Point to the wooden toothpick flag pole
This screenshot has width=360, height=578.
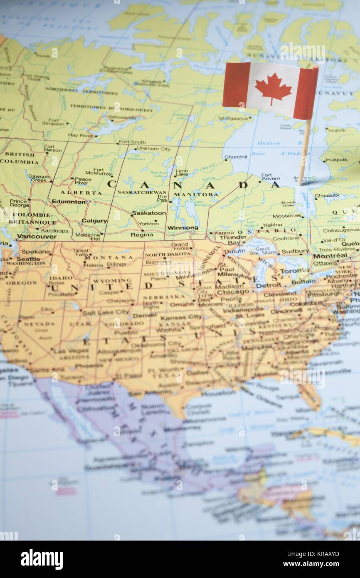(305, 150)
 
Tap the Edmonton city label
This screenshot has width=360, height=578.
(68, 202)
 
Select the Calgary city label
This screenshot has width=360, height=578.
(94, 221)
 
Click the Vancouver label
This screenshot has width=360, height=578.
(37, 237)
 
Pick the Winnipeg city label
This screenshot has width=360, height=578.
(182, 228)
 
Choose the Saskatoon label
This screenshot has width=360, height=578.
(148, 213)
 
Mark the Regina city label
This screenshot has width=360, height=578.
(142, 235)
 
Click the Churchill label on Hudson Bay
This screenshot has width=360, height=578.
(235, 157)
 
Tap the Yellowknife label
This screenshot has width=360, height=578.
(122, 118)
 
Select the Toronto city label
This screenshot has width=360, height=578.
(294, 271)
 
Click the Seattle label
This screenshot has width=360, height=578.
(28, 259)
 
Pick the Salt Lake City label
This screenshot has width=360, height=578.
(106, 312)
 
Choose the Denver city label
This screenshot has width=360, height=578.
(145, 315)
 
